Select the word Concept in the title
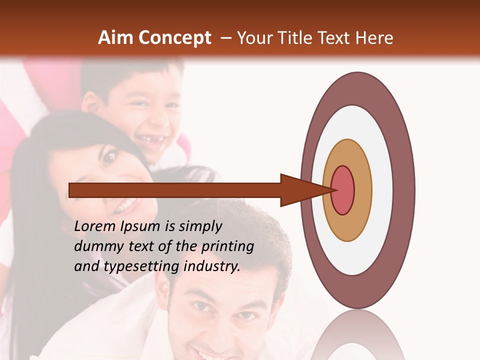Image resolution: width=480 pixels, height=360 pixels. tap(174, 38)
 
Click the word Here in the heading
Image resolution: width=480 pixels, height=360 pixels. tap(374, 38)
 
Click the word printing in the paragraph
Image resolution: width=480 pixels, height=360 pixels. tap(227, 247)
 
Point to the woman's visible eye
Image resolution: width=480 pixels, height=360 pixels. tap(109, 159)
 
